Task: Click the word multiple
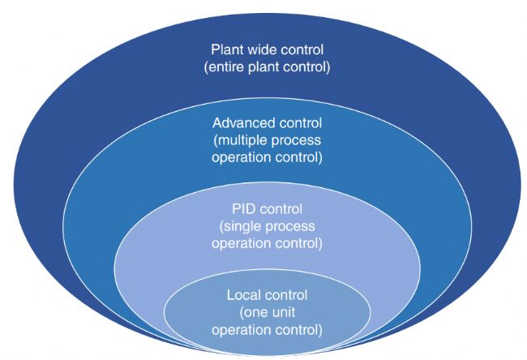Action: [x=245, y=140]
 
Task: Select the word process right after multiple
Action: [x=300, y=140]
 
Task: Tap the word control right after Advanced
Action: [x=300, y=123]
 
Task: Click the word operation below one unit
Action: [x=240, y=330]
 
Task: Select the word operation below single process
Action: [x=240, y=242]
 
